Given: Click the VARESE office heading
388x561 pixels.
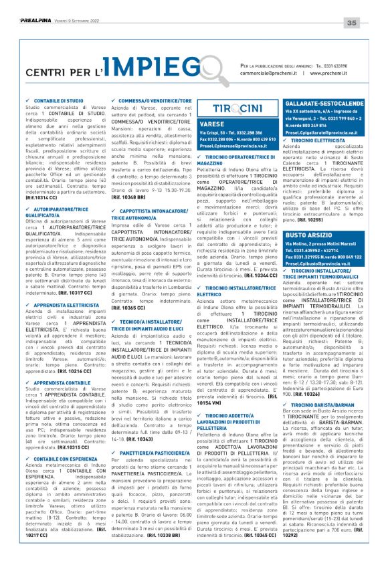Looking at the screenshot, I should coord(212,124).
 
